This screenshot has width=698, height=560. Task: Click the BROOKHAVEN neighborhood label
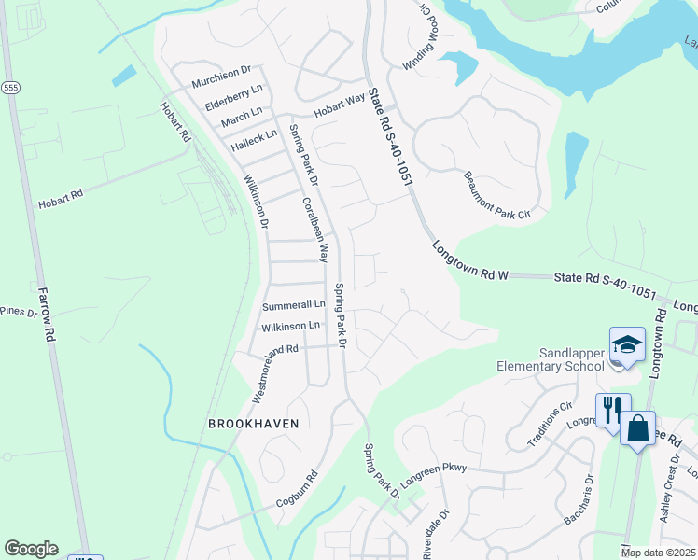coord(254,423)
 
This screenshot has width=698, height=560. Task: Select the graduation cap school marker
coord(627,344)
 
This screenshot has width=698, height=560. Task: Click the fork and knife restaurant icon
coord(613,410)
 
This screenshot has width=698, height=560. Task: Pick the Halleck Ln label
coord(255,135)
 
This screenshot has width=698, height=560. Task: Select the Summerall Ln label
coord(293,305)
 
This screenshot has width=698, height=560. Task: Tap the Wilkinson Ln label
coord(290,327)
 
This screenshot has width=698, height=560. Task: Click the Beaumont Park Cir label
coord(496,197)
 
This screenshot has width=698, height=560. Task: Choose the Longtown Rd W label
coord(469,260)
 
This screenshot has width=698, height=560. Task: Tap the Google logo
coord(31,549)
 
